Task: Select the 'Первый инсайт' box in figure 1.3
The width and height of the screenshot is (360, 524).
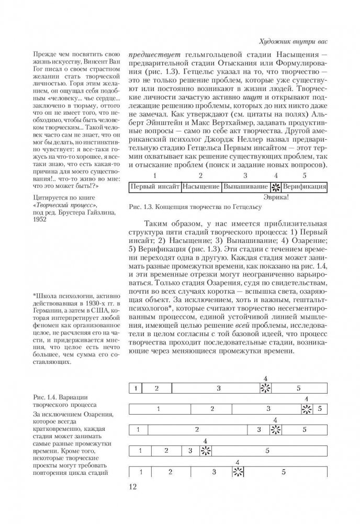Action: tap(155, 186)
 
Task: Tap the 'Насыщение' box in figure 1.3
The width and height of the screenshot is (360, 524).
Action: tap(201, 186)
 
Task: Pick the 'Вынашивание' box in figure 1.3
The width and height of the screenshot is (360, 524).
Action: tap(246, 186)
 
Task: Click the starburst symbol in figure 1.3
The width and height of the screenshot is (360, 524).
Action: tap(276, 186)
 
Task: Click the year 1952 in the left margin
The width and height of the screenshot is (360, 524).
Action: tap(39, 218)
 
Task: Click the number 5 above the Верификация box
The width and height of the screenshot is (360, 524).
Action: tap(305, 175)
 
